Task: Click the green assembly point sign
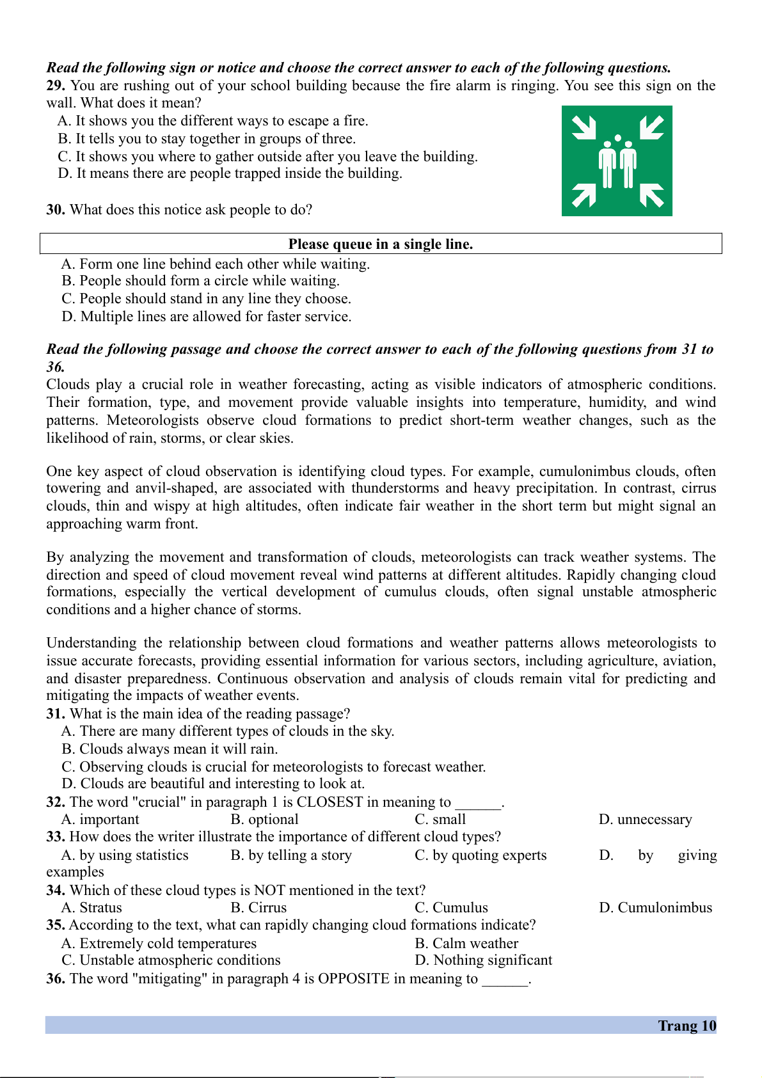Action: coord(617,161)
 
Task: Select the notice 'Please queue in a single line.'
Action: coord(381,244)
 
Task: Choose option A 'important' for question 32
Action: coord(100,820)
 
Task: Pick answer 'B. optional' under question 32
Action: coord(264,820)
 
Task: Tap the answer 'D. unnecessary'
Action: coord(645,820)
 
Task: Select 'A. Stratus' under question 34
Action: coord(91,908)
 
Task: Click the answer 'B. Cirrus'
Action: coord(258,908)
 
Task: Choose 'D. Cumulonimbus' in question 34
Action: coord(655,908)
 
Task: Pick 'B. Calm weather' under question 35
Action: coord(466,944)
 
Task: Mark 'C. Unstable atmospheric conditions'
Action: coord(171,960)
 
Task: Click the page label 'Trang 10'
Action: coord(687,1026)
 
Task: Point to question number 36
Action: coord(56,979)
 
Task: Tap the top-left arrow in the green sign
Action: coord(583,127)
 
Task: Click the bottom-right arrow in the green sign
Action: coord(651,195)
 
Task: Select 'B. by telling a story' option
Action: coord(291,855)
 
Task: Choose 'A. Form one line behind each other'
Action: coord(216,264)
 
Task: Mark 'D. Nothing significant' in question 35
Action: coord(483,960)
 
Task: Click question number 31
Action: coord(56,714)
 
